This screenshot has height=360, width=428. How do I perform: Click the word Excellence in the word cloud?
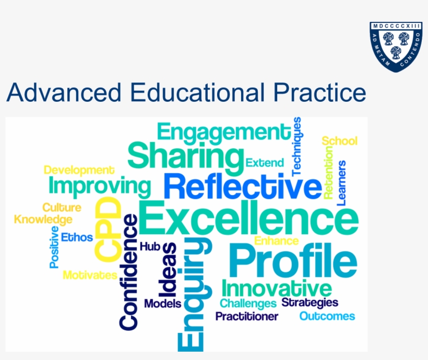(248, 218)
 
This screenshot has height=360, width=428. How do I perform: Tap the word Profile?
(293, 261)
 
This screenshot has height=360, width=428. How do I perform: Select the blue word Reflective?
(242, 187)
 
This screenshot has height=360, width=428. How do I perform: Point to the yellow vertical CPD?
(108, 230)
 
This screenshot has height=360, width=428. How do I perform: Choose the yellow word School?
(339, 141)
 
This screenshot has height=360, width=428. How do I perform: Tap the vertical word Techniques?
(296, 147)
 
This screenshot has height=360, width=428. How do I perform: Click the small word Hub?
(150, 246)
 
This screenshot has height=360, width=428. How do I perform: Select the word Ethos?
(77, 237)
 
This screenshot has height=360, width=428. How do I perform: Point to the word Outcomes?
(327, 316)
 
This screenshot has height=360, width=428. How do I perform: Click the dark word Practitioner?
(247, 316)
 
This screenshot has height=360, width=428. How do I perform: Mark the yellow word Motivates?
(90, 275)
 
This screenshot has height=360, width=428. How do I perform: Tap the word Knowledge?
(43, 220)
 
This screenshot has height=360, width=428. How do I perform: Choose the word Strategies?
(310, 303)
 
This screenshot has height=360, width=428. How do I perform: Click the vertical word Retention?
(328, 173)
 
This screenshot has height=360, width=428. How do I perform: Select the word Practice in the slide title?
(319, 92)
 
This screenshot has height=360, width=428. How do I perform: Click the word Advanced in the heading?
(64, 92)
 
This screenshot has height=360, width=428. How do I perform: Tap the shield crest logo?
(396, 47)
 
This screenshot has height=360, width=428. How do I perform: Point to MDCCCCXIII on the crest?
(396, 26)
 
